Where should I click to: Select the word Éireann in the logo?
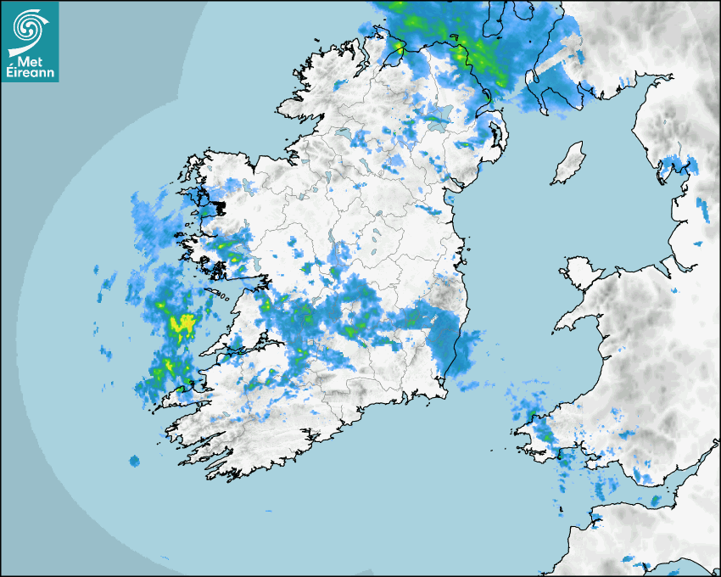coord(30,73)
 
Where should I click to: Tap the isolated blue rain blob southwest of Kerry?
coord(134,461)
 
